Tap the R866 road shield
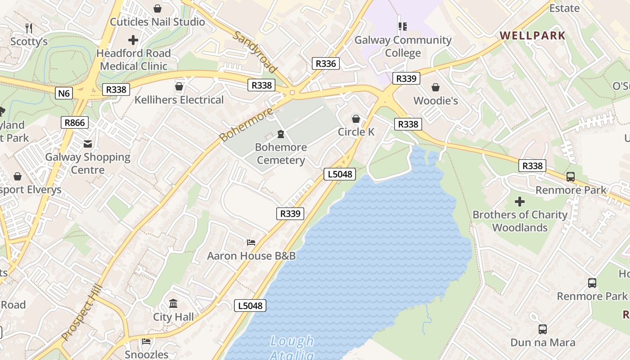coord(75,122)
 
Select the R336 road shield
coord(326,63)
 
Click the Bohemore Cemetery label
coord(281,153)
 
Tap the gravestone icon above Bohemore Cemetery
coord(281,134)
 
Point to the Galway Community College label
coord(403,46)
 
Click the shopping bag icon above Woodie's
coord(436,87)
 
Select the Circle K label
coord(356,132)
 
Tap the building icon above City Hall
coord(173,304)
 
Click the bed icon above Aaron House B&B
coord(251,243)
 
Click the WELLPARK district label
coord(532,36)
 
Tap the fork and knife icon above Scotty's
coord(29,28)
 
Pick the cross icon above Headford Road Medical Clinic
coord(133,40)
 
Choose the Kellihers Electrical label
coord(179,100)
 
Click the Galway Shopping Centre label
coord(88,163)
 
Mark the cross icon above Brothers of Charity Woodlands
coord(520,201)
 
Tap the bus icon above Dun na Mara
coord(543,329)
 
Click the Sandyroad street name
coord(255,52)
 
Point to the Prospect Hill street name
coord(82,313)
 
